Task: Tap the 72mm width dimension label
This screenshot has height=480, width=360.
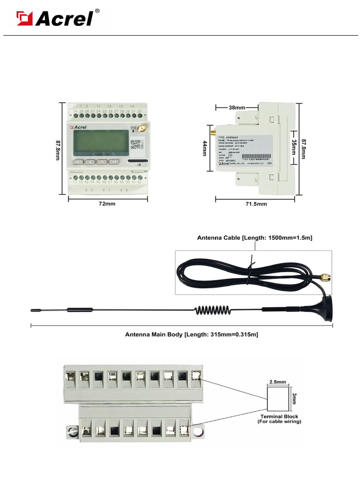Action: point(107,204)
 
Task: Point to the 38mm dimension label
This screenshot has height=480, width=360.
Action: point(237,107)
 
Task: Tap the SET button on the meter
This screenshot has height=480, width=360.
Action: point(78,162)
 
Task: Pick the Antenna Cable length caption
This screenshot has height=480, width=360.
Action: point(255,238)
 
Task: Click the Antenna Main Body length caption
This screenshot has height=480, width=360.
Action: point(191,335)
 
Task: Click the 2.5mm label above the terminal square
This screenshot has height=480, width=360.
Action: point(277,382)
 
